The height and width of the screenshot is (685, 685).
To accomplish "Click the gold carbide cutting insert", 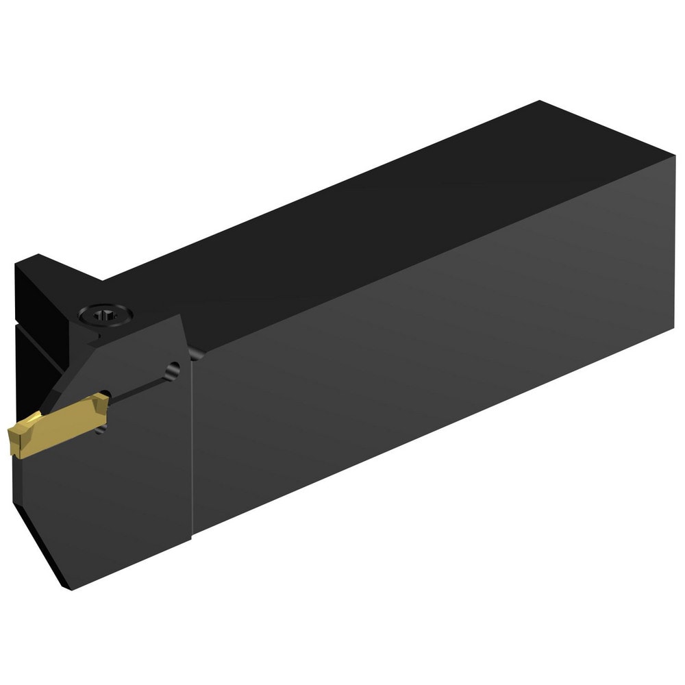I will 55,425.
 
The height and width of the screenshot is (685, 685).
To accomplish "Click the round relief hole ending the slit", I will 173,369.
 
